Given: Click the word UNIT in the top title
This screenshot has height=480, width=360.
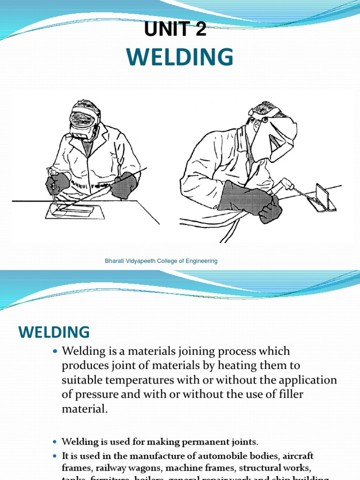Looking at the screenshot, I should (x=165, y=30).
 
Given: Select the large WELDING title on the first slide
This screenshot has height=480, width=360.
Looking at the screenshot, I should (x=180, y=57).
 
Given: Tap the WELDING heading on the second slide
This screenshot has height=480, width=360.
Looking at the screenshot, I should (x=54, y=332).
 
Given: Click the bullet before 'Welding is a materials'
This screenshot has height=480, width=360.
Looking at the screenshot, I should (x=55, y=351).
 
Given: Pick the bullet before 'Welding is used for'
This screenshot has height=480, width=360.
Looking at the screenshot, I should (x=55, y=442).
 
